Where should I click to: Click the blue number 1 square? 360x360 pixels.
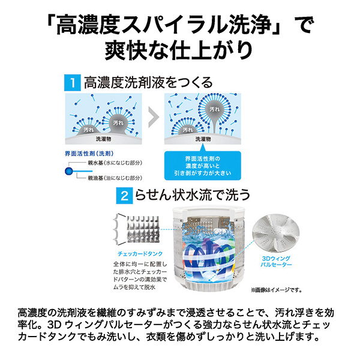tap(73, 83)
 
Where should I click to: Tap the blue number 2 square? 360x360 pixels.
tap(124, 196)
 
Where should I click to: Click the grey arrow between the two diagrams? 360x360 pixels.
tap(154, 117)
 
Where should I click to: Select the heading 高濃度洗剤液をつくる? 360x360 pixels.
tap(148, 83)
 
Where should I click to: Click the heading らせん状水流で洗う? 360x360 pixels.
tap(193, 196)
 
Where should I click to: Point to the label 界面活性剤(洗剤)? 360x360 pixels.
tap(89, 154)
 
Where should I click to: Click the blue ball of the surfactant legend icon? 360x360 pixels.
tap(68, 171)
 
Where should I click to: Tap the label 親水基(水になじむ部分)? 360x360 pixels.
tap(115, 163)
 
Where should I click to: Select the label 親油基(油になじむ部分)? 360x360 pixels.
tap(115, 178)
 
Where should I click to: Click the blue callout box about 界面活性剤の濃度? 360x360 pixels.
tap(203, 166)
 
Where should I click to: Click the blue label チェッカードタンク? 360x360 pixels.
tap(140, 254)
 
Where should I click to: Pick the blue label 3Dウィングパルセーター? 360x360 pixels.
tap(276, 262)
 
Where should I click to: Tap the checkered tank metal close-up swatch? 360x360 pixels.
tap(143, 229)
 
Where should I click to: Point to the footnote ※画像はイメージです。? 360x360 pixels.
tap(276, 290)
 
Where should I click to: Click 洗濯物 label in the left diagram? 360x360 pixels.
tap(103, 139)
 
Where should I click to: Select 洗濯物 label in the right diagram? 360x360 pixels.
tap(203, 139)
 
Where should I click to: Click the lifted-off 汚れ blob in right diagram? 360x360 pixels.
tap(214, 109)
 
